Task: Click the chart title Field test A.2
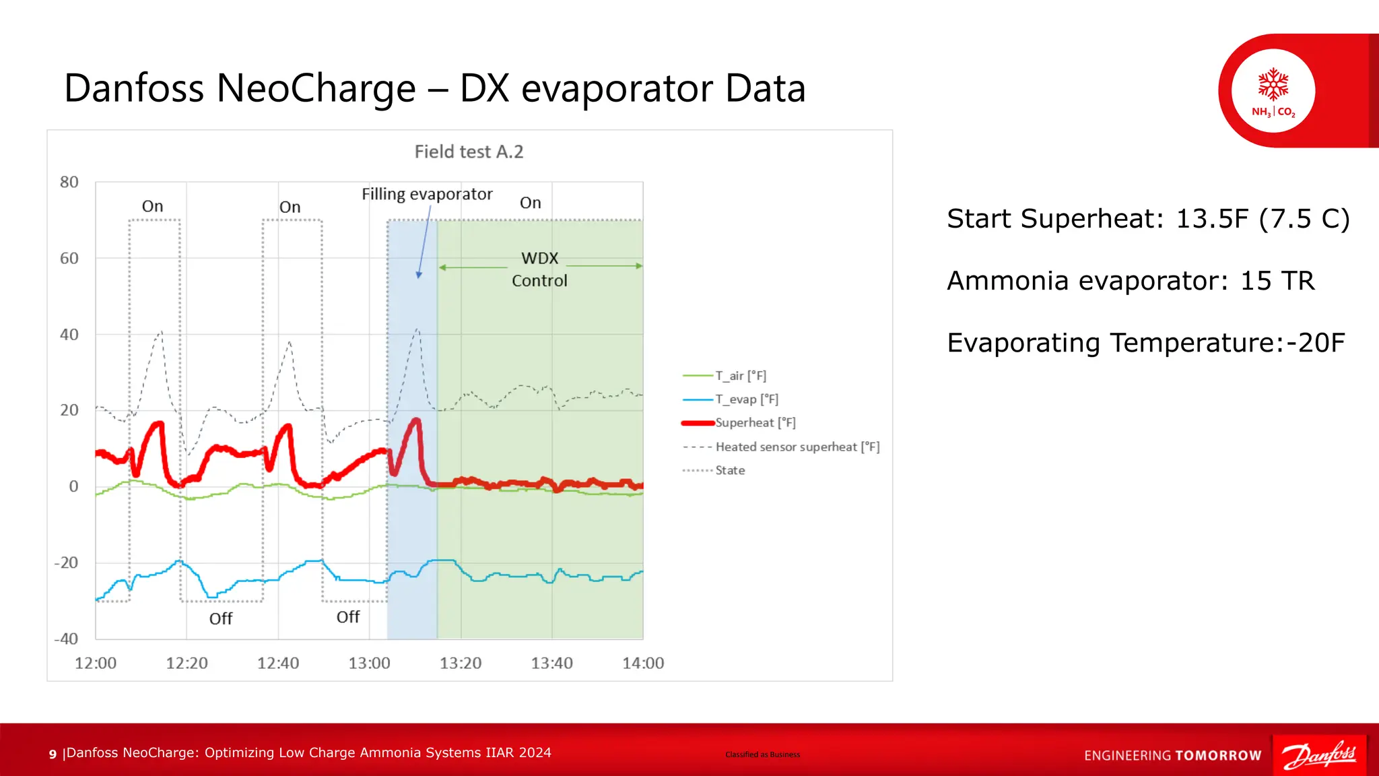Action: (x=469, y=152)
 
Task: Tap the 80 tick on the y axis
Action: (x=69, y=182)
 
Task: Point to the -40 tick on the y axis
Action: (x=66, y=639)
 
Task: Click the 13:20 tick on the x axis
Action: (x=461, y=664)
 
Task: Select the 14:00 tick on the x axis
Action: (x=642, y=664)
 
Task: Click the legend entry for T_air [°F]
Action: (x=740, y=376)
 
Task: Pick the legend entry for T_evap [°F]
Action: (x=746, y=399)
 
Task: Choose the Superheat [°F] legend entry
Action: (x=755, y=423)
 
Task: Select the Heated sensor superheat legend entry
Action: (x=797, y=447)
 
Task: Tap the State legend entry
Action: (x=730, y=470)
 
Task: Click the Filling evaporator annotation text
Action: (x=427, y=194)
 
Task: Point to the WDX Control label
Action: (x=539, y=269)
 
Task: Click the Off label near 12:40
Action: (x=221, y=618)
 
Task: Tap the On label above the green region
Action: (x=531, y=203)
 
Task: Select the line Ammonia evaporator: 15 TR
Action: (x=1130, y=281)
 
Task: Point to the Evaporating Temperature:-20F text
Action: (x=1145, y=343)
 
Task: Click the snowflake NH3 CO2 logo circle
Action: (x=1273, y=91)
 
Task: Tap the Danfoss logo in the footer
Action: (x=1319, y=755)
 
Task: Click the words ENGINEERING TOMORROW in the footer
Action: (x=1172, y=756)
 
